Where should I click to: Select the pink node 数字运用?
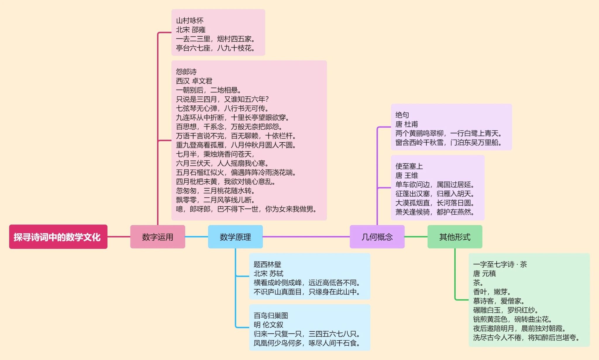pyautogui.click(x=157, y=237)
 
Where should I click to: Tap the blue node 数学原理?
pyautogui.click(x=235, y=237)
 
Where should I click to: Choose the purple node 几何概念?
pyautogui.click(x=377, y=237)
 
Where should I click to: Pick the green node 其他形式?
pyautogui.click(x=455, y=237)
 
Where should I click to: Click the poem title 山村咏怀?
pyautogui.click(x=190, y=20)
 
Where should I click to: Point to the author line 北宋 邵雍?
pyautogui.click(x=191, y=30)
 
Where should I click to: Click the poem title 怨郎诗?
pyautogui.click(x=186, y=72)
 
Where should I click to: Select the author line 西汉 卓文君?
pyautogui.click(x=194, y=81)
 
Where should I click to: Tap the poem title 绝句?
pyautogui.click(x=402, y=115)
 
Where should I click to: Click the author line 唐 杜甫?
pyautogui.click(x=407, y=124)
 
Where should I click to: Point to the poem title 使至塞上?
pyautogui.click(x=409, y=166)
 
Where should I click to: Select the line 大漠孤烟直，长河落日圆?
pyautogui.click(x=435, y=203)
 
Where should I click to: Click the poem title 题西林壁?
pyautogui.click(x=267, y=264)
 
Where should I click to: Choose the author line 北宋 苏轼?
pyautogui.click(x=268, y=273)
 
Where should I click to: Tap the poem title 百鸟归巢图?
pyautogui.click(x=271, y=316)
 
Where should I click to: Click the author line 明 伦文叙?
pyautogui.click(x=268, y=325)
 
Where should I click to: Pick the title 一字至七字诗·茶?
pyautogui.click(x=500, y=264)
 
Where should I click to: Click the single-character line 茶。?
pyautogui.click(x=478, y=283)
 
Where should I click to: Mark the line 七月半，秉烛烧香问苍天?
pyautogui.click(x=215, y=154)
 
